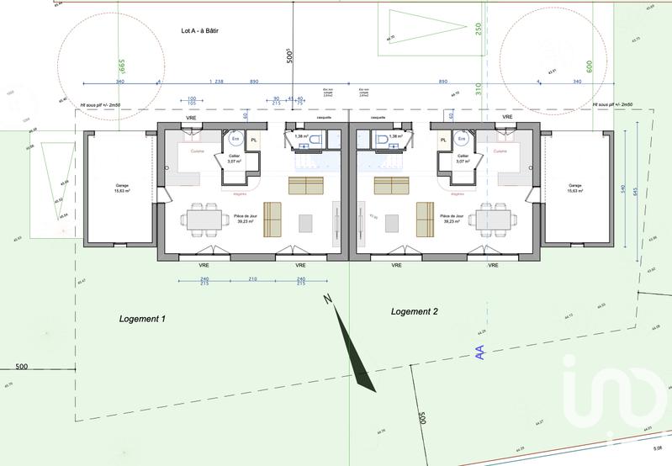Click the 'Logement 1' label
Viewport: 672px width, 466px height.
click(142, 319)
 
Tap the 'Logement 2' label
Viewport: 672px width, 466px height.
click(415, 311)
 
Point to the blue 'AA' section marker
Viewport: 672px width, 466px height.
click(480, 352)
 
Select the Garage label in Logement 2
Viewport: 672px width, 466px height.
click(575, 188)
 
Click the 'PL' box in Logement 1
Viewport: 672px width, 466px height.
click(254, 140)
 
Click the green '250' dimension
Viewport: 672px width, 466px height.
click(478, 29)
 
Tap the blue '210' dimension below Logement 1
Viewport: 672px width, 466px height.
click(251, 279)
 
